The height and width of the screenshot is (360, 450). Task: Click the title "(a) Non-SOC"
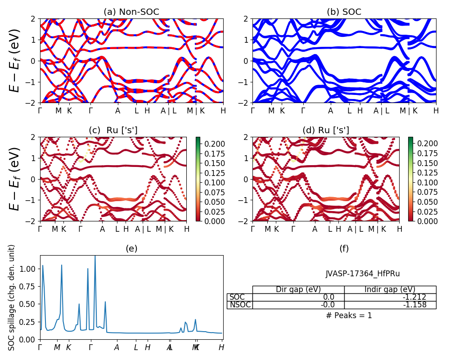[131, 12]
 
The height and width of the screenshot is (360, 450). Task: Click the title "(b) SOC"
[344, 12]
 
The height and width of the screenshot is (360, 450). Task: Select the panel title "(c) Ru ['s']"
[113, 130]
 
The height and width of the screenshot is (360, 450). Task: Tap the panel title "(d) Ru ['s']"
[326, 130]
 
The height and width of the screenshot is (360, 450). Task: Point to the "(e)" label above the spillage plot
[131, 248]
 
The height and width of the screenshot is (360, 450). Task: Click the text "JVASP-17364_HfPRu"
[363, 274]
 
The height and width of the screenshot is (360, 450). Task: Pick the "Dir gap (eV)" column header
[298, 290]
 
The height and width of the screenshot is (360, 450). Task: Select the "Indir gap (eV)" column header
[390, 290]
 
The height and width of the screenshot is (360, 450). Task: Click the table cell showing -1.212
[390, 297]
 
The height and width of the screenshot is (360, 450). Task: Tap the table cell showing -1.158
[390, 305]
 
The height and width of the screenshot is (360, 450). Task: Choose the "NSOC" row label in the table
[240, 305]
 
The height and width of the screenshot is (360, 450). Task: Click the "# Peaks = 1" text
[349, 315]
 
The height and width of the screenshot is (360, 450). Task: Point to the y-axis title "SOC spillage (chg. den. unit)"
[12, 297]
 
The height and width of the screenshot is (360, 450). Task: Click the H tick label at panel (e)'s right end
[221, 347]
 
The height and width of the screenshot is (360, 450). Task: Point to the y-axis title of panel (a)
[15, 61]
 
